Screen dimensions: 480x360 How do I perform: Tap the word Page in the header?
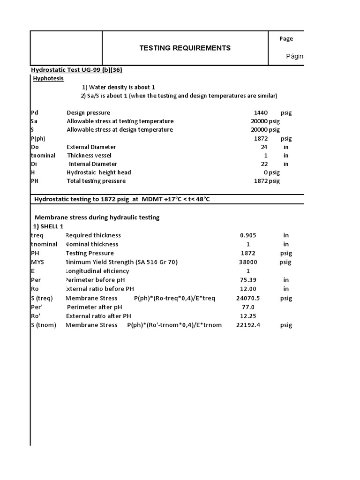286,39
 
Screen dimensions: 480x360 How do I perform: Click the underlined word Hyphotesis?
48,79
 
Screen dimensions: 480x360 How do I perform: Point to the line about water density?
119,87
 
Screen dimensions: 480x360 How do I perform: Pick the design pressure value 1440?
260,112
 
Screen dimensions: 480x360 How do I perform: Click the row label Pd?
35,112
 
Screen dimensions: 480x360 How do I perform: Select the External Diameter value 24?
263,147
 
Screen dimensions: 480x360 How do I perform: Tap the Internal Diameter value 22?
263,164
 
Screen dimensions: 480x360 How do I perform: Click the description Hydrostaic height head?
99,172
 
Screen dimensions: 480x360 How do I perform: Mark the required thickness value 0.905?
248,235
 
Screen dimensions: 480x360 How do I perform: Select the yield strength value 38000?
248,262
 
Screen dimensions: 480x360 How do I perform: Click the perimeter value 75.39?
248,280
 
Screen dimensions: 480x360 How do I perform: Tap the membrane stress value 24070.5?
248,298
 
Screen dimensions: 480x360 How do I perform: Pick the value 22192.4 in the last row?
248,325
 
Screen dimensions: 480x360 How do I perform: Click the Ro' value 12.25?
248,316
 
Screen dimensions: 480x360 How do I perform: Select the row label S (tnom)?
43,325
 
